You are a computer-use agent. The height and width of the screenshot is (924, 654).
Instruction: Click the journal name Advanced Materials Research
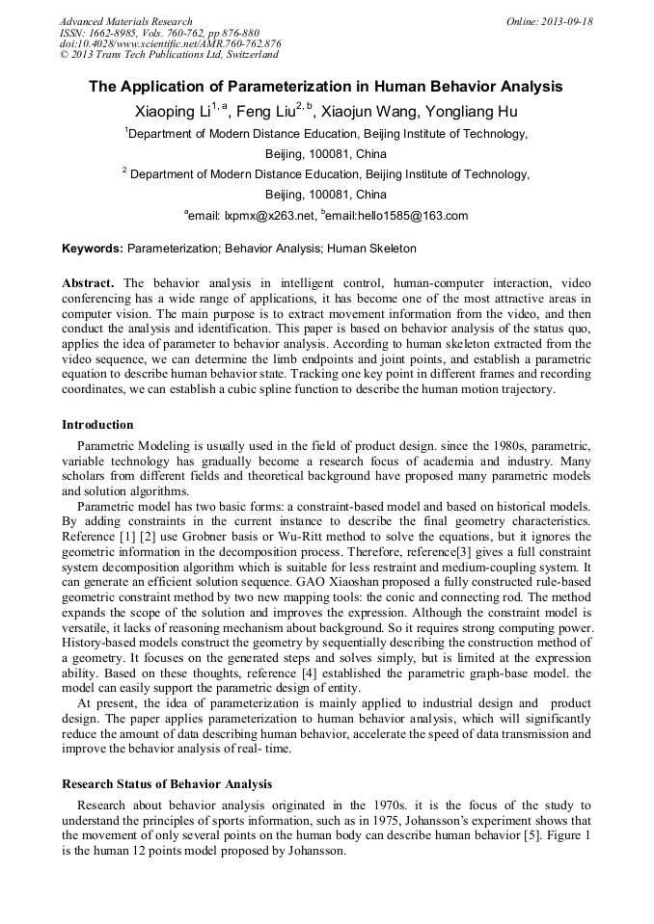[125, 21]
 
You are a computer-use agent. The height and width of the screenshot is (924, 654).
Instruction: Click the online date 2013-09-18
[567, 21]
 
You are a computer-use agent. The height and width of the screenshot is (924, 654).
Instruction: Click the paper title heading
[326, 86]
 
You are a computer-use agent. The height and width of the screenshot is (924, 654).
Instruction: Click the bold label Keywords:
[93, 249]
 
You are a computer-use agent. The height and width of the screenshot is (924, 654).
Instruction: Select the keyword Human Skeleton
[371, 249]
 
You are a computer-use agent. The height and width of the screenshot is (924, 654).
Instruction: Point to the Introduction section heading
[97, 425]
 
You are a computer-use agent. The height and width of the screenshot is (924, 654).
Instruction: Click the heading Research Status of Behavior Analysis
[167, 784]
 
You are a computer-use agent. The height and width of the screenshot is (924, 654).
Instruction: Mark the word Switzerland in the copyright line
[249, 55]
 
